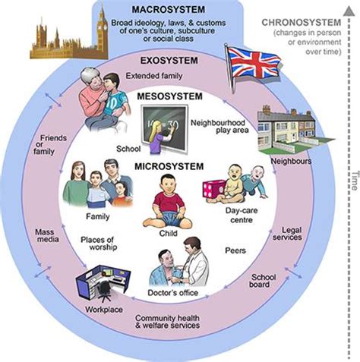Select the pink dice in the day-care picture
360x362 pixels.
(x=213, y=189)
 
